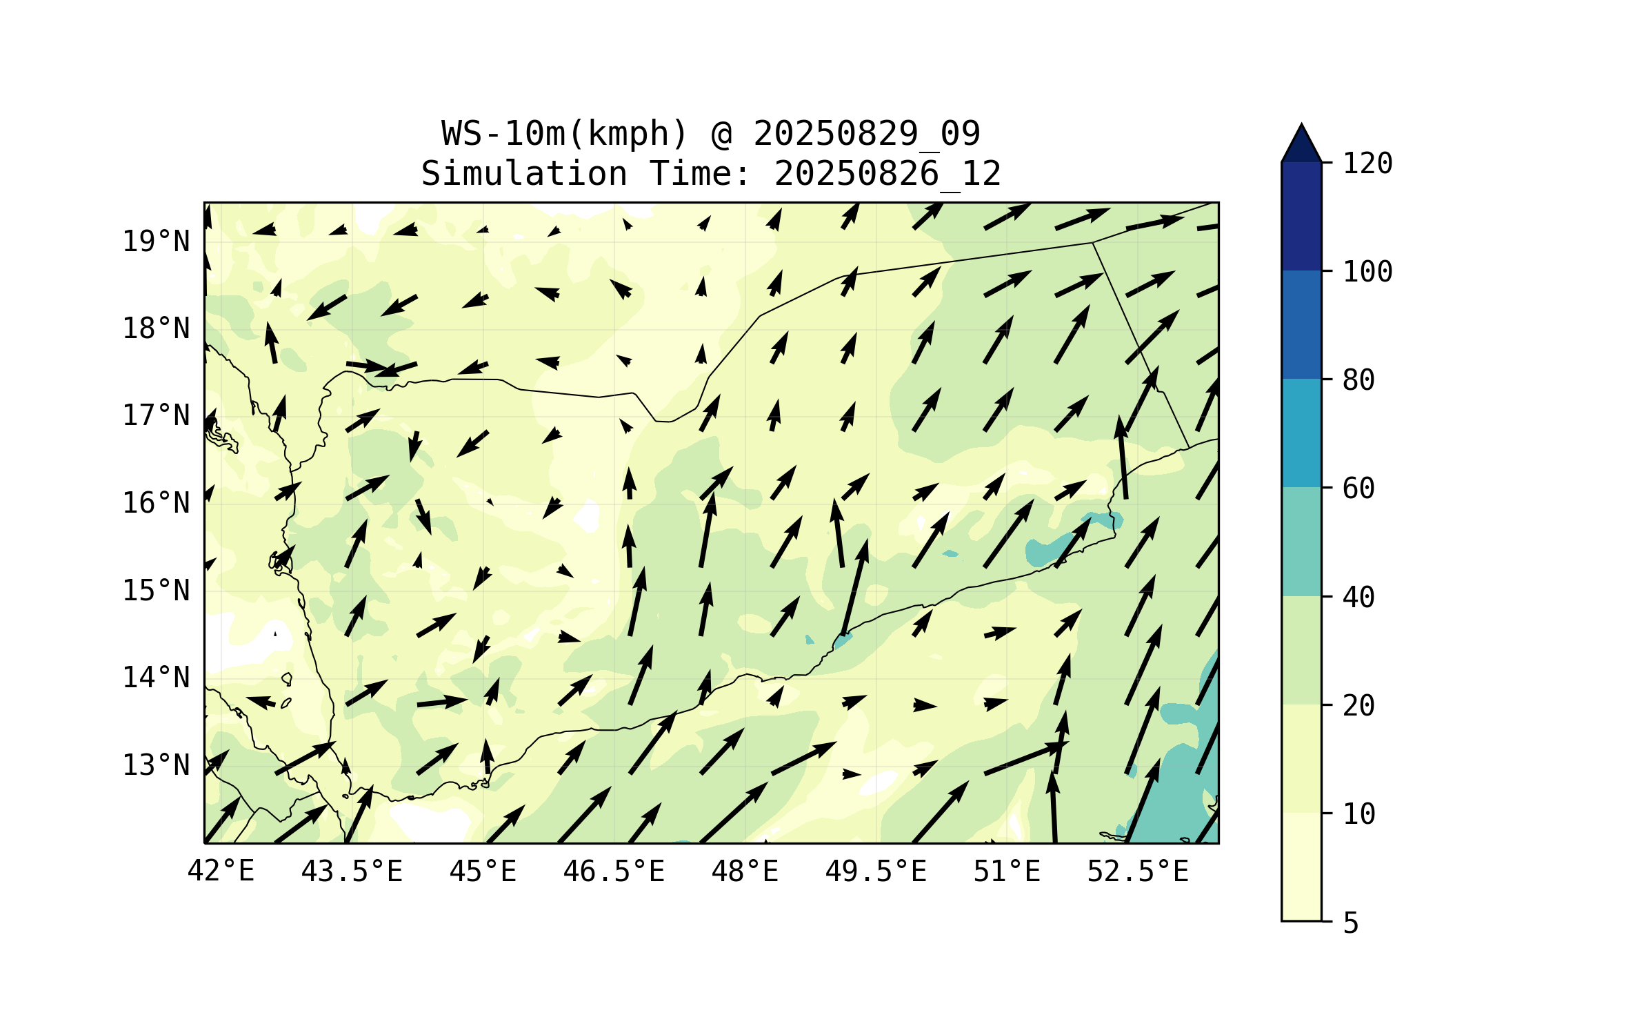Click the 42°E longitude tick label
click(221, 872)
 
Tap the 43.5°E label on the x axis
click(352, 872)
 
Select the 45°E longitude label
click(483, 872)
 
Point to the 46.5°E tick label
click(614, 872)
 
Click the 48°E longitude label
click(745, 872)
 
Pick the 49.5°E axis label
click(876, 872)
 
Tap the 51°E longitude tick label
click(1007, 872)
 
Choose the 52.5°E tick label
click(1138, 872)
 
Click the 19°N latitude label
click(156, 242)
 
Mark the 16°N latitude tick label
click(156, 504)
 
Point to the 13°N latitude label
click(156, 766)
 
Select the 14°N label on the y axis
click(156, 678)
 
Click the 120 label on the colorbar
click(1367, 164)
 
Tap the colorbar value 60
click(1358, 489)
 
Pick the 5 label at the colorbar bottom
click(1351, 923)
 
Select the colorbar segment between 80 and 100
click(1301, 324)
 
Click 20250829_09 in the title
click(866, 134)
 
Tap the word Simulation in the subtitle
click(524, 174)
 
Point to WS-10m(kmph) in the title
click(565, 134)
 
